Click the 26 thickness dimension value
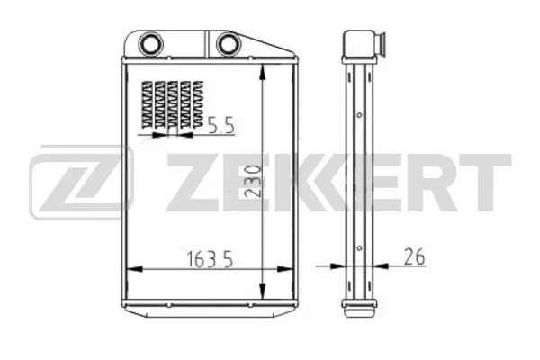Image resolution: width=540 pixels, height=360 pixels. [x=414, y=257]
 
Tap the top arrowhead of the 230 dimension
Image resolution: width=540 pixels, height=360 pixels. [x=262, y=70]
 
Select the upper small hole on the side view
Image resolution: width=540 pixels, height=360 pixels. [x=359, y=115]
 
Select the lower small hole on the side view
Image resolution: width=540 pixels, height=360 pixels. [x=359, y=249]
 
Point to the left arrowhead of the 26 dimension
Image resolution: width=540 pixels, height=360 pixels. [x=340, y=267]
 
